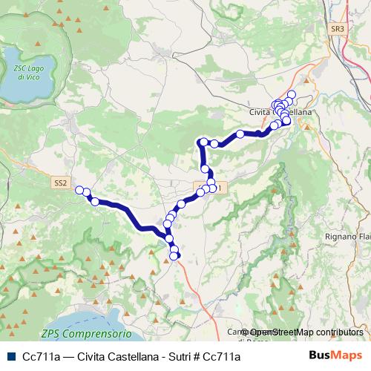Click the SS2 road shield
tap(61, 182)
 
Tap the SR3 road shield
tap(338, 29)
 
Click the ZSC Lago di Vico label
tap(27, 72)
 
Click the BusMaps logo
tap(335, 356)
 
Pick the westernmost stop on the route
tap(79, 191)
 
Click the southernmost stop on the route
tap(174, 257)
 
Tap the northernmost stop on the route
tap(292, 94)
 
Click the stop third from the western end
tap(95, 202)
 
